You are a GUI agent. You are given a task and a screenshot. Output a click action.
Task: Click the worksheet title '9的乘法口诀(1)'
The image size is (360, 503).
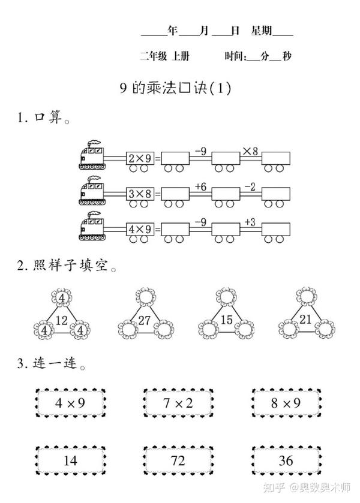[x=175, y=88]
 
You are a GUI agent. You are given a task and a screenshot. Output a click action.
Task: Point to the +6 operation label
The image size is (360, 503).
[x=200, y=186]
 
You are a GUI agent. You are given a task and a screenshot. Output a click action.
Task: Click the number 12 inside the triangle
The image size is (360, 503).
[x=62, y=320]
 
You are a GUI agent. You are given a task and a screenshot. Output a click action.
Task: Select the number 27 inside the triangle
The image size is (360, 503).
[x=144, y=320]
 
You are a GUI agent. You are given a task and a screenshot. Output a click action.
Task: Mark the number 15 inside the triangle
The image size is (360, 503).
[x=226, y=320]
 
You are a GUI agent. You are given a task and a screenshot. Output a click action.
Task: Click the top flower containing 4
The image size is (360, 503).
[x=62, y=296]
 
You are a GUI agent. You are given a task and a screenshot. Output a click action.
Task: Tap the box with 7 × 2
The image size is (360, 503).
[x=178, y=403]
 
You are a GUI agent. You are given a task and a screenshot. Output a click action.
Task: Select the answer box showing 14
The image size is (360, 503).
[x=70, y=460]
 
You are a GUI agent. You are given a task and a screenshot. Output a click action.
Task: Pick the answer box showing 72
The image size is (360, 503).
[x=178, y=460]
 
